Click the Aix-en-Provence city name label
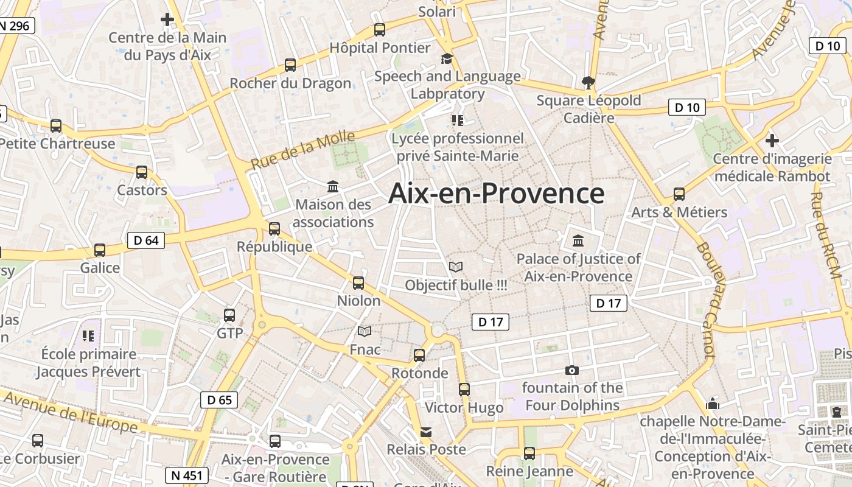click(x=496, y=194)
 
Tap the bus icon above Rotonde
click(x=419, y=356)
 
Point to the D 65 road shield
click(x=219, y=400)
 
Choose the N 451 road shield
click(x=187, y=475)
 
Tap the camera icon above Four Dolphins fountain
click(x=571, y=370)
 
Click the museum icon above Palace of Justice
click(x=578, y=240)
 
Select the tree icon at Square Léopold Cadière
click(x=588, y=82)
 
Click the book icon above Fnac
click(x=365, y=332)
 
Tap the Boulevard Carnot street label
click(x=705, y=300)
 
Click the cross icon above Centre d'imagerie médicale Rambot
click(x=772, y=141)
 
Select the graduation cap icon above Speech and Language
click(x=447, y=58)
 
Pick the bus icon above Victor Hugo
click(x=464, y=390)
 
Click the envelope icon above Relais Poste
click(x=426, y=432)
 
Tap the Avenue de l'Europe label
click(x=70, y=412)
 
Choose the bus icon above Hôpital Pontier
click(x=380, y=29)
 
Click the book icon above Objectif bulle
click(x=455, y=267)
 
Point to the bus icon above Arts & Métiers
click(x=679, y=194)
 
